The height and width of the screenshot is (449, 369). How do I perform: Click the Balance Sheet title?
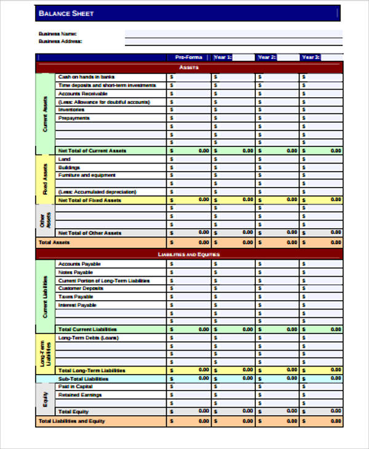pyautogui.click(x=66, y=13)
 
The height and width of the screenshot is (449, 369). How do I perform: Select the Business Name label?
pyautogui.click(x=58, y=33)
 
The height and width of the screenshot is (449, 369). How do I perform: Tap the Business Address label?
pyautogui.click(x=60, y=41)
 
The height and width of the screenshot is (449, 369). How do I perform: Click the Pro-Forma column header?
pyautogui.click(x=188, y=57)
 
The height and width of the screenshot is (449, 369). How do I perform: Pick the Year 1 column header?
pyautogui.click(x=222, y=57)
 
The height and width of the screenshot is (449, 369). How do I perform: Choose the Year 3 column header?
pyautogui.click(x=311, y=57)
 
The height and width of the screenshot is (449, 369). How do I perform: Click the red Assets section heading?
pyautogui.click(x=188, y=67)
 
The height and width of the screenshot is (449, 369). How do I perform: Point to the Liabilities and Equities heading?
pyautogui.click(x=188, y=254)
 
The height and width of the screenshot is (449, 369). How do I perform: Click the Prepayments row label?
pyautogui.click(x=74, y=117)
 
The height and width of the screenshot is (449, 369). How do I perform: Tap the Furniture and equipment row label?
pyautogui.click(x=87, y=175)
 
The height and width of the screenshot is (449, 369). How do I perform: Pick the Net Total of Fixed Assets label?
pyautogui.click(x=90, y=200)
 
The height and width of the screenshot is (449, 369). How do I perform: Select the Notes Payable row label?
pyautogui.click(x=76, y=272)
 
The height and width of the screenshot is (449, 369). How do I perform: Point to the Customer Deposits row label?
pyautogui.click(x=81, y=288)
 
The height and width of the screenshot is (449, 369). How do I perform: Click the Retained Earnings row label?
pyautogui.click(x=80, y=395)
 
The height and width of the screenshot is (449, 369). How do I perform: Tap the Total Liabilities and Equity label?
pyautogui.click(x=72, y=421)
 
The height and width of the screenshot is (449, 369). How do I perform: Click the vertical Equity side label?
pyautogui.click(x=45, y=399)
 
